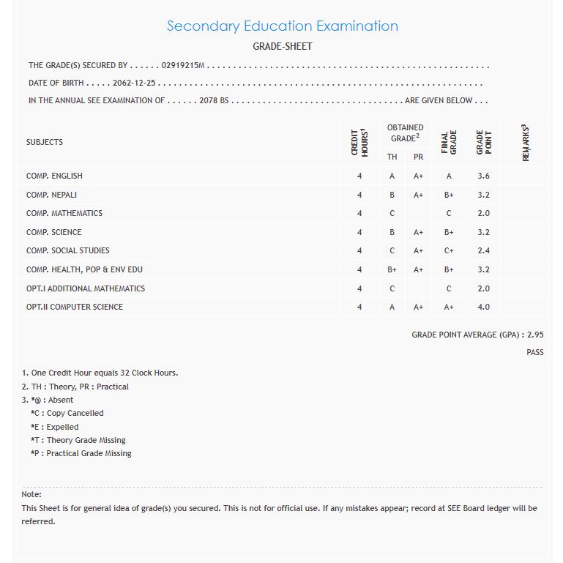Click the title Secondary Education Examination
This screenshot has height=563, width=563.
[282, 26]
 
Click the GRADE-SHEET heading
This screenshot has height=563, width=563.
[282, 47]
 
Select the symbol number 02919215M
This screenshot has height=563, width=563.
[183, 66]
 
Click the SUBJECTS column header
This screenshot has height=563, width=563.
[45, 142]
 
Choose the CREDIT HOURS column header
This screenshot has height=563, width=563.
[359, 141]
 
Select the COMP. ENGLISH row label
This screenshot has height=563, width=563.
[54, 176]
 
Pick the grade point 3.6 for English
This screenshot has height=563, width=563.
[483, 176]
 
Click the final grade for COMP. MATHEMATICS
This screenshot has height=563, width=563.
[449, 214]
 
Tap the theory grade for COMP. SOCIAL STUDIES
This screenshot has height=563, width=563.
[392, 251]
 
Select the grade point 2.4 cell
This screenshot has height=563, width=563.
[483, 251]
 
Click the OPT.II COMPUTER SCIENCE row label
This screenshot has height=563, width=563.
[75, 307]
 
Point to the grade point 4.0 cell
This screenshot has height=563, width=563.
[483, 307]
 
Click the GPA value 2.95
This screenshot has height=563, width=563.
[536, 335]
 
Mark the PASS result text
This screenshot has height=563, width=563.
[535, 353]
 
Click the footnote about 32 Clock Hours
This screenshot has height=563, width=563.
[100, 373]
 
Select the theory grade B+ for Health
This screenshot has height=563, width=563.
[392, 270]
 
